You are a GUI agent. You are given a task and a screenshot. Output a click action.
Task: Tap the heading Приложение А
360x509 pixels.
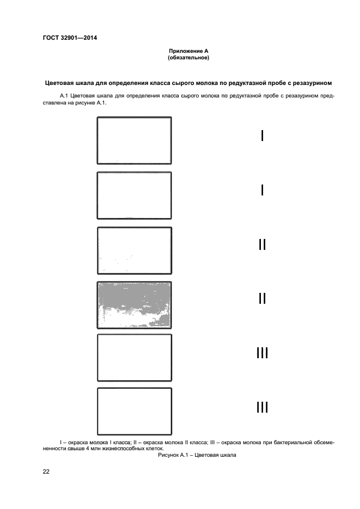coord(189,51)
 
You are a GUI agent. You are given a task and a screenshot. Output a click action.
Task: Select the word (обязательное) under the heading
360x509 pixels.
coord(189,57)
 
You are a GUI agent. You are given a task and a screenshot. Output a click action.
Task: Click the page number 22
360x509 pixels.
coord(46,471)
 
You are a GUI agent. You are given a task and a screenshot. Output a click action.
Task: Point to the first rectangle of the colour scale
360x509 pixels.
coord(134,140)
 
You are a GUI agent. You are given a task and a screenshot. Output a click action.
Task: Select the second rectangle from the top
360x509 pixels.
coord(134,195)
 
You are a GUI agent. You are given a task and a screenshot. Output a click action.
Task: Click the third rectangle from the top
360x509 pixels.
coord(134,250)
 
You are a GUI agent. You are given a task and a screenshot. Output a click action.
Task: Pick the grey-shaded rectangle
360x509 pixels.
coord(134,304)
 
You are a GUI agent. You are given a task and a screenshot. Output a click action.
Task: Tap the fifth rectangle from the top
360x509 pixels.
coord(134,358)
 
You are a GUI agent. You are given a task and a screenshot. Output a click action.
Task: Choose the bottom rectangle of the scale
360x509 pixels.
coord(134,411)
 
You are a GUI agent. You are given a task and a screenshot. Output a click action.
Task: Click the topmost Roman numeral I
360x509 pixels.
coord(263,136)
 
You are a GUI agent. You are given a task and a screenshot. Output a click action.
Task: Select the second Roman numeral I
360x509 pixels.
coord(263,190)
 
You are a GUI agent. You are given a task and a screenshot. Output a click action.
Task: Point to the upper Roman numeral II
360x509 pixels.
coord(263,244)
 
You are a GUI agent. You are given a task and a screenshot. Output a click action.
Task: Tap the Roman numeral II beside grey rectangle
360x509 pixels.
coord(263,298)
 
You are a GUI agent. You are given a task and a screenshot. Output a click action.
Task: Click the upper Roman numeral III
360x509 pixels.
coord(263,353)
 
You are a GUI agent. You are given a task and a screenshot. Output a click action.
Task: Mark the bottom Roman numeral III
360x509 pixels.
coord(263,407)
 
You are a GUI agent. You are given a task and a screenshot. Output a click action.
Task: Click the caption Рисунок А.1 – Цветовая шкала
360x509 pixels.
coord(197,455)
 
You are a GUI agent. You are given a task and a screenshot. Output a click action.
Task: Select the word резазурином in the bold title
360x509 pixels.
coord(312,83)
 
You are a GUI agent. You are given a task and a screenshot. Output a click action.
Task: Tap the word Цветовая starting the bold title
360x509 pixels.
coord(62,83)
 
